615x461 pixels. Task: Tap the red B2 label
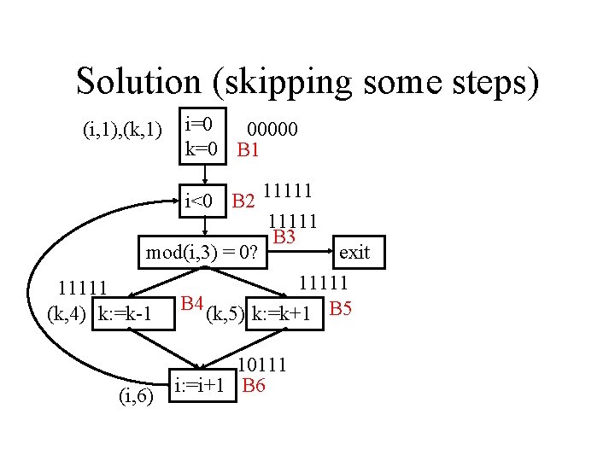point(243,201)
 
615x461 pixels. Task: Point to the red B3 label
point(284,236)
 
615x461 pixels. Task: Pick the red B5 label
point(340,308)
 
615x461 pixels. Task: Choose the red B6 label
point(254,385)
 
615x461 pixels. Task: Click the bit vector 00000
point(272,130)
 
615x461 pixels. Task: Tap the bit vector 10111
point(262,366)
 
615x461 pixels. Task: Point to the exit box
point(354,252)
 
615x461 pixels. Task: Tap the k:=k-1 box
point(125,315)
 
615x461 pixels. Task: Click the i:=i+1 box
point(201,385)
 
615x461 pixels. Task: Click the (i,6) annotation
point(135,395)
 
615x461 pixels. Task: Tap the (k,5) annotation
point(224,315)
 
